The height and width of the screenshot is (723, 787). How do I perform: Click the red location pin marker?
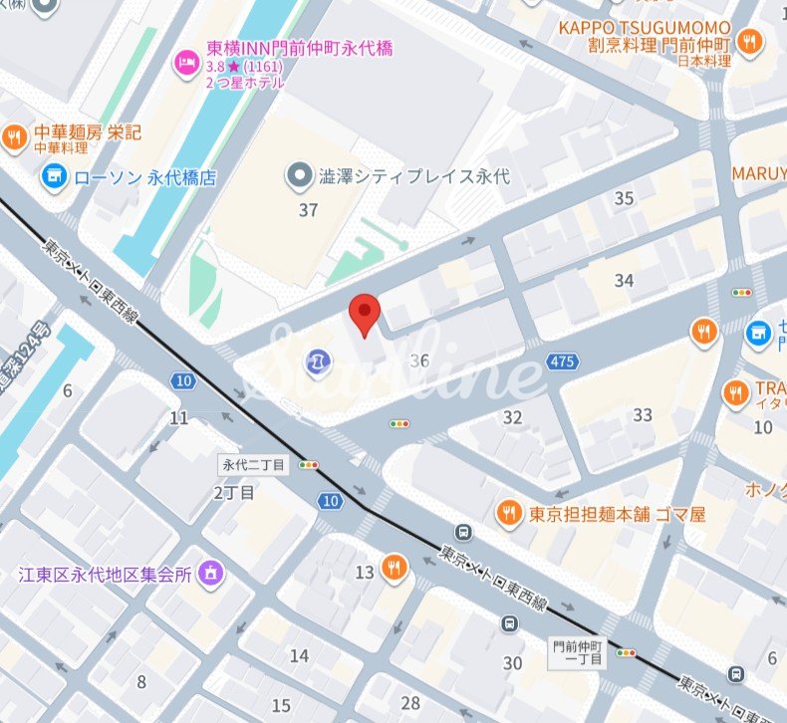[365, 314]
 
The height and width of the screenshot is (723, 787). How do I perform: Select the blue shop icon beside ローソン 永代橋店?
[54, 178]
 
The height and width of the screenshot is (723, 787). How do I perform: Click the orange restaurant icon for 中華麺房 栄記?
[14, 137]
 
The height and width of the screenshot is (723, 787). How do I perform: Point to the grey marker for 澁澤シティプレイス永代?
[297, 177]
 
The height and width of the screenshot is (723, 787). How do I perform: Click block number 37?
[308, 209]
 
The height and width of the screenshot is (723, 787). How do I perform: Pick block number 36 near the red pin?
[418, 361]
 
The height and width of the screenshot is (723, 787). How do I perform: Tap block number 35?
[624, 198]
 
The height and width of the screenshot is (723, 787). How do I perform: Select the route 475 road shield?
[562, 361]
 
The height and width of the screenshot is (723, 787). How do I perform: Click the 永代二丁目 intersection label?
[253, 464]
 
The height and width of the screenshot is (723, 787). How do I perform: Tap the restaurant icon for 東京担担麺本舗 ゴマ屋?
[508, 513]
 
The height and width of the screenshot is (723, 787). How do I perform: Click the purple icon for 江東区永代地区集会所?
[210, 573]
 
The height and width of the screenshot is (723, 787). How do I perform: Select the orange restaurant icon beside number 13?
[394, 568]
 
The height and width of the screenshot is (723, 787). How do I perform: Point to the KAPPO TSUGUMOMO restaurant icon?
[752, 42]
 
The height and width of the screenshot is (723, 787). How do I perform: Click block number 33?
[643, 414]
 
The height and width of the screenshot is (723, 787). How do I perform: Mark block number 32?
[512, 417]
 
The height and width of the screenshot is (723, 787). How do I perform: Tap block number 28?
[409, 703]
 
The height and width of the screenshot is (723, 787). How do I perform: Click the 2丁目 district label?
[234, 492]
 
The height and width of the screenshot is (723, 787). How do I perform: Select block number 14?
[299, 654]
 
